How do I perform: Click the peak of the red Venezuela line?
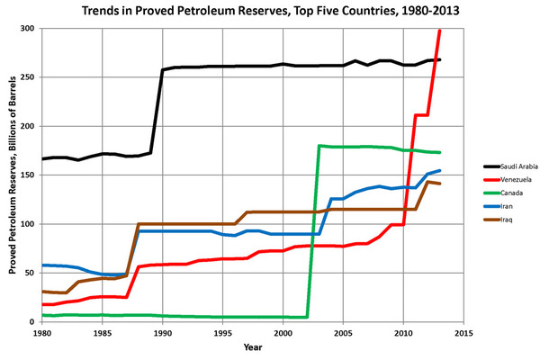coord(439,31)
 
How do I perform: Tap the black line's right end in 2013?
coord(439,60)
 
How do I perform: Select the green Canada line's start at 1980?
coord(42,315)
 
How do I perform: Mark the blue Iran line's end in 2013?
coord(439,171)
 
